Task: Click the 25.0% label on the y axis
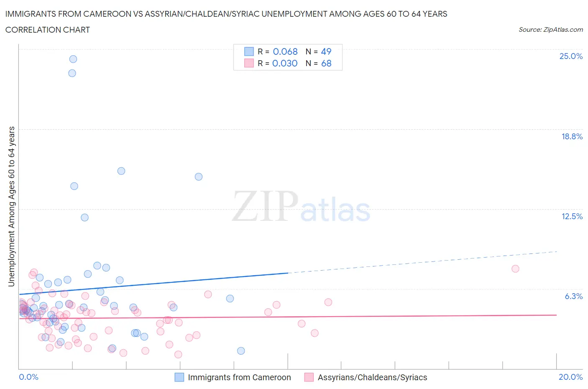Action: click(x=571, y=56)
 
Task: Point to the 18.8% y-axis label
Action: click(x=572, y=136)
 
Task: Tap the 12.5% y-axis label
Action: click(x=572, y=216)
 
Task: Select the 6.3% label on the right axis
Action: click(x=573, y=296)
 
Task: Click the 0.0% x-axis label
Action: click(x=28, y=377)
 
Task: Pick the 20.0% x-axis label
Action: click(x=570, y=377)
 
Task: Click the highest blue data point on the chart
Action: click(x=73, y=59)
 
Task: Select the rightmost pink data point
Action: click(x=515, y=269)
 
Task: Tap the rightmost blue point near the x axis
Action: click(x=241, y=351)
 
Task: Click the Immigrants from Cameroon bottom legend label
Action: click(x=239, y=377)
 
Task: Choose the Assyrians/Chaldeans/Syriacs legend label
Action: click(x=372, y=377)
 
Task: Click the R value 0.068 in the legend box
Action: click(x=285, y=51)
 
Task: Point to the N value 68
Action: click(x=326, y=63)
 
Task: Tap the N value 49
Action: click(x=326, y=51)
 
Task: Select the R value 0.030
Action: click(x=285, y=63)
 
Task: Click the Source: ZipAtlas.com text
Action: click(x=550, y=30)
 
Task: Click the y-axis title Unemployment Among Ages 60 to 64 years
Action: click(x=11, y=206)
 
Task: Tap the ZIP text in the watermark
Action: click(x=265, y=206)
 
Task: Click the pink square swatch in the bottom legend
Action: click(x=309, y=377)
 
